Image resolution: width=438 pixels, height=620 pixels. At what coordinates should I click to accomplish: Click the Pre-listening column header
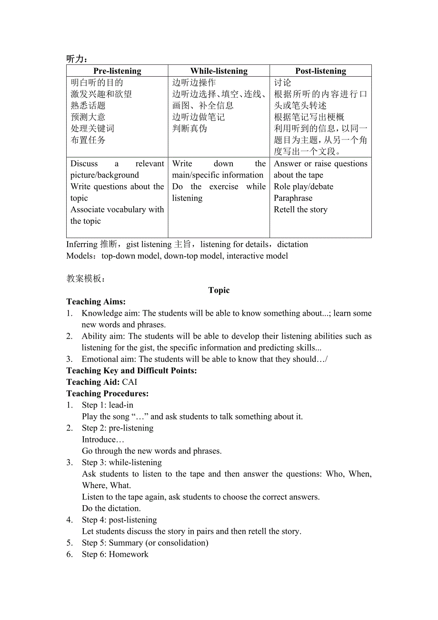[117, 71]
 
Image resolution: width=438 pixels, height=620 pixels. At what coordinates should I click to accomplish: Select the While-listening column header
[219, 71]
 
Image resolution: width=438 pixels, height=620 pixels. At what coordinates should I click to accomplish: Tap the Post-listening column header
[320, 71]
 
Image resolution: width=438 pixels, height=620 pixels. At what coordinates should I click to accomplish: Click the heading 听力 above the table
[76, 59]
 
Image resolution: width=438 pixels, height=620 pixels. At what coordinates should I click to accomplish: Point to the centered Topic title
[219, 290]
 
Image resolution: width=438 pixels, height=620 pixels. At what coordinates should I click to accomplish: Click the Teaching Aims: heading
[96, 301]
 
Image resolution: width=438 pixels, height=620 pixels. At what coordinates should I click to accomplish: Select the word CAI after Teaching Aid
[129, 382]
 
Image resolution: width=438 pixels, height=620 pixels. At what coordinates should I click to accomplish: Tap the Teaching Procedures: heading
[108, 393]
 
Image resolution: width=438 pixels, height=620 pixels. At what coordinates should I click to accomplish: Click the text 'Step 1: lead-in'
[108, 405]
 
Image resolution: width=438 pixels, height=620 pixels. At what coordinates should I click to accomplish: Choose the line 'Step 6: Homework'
[115, 554]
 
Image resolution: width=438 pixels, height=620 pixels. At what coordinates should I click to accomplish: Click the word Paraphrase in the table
[293, 198]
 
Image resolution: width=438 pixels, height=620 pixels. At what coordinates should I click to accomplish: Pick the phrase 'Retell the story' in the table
[300, 210]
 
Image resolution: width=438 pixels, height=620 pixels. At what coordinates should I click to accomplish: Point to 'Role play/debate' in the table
[303, 187]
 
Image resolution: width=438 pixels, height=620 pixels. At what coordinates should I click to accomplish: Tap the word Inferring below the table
[82, 244]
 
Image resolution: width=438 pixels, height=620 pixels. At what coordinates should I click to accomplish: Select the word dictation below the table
[293, 244]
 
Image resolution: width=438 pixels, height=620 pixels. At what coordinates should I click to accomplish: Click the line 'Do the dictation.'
[111, 508]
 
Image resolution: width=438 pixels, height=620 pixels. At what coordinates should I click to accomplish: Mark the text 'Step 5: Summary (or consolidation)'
[145, 542]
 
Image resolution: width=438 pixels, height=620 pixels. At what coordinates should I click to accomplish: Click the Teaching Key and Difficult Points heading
[131, 370]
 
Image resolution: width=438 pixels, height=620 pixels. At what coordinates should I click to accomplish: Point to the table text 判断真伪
[189, 129]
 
